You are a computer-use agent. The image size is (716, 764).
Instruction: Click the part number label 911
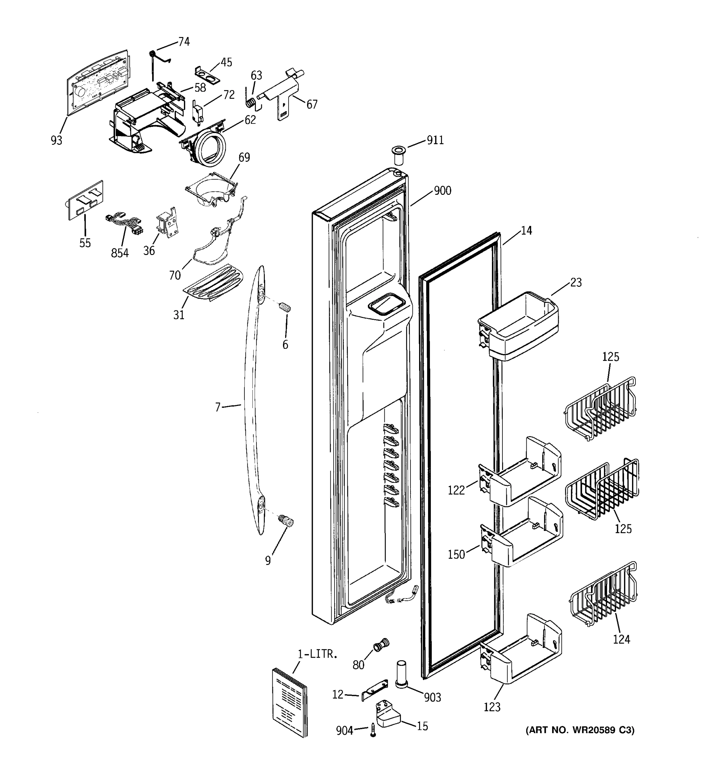coord(435,140)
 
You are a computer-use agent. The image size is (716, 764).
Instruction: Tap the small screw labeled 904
coord(373,729)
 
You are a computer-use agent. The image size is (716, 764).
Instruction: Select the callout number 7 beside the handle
coord(218,407)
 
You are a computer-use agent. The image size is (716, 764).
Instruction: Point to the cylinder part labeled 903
coord(401,675)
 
